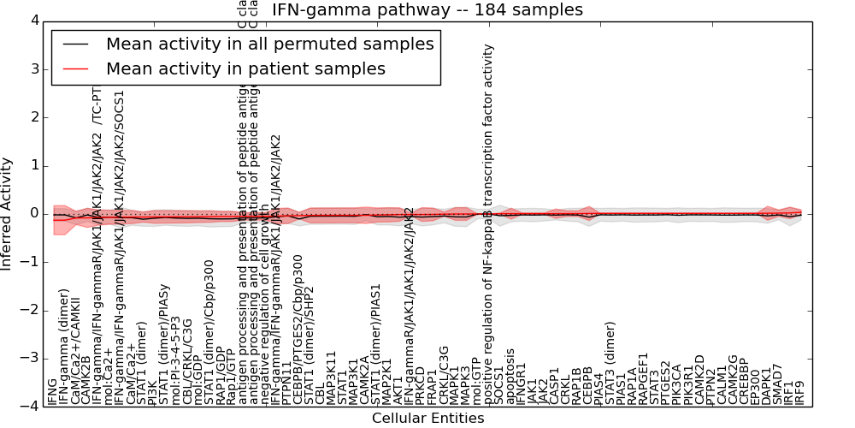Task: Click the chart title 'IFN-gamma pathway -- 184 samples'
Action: [427, 10]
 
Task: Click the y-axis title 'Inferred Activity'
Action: [8, 213]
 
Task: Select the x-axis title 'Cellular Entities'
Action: [427, 418]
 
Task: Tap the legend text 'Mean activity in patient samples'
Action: [245, 68]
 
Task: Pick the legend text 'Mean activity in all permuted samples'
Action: [269, 44]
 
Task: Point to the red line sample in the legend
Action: [75, 68]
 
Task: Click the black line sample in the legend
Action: [75, 44]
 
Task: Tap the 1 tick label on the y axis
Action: [33, 165]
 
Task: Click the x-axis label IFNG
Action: [53, 391]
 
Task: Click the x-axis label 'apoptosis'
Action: [511, 377]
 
